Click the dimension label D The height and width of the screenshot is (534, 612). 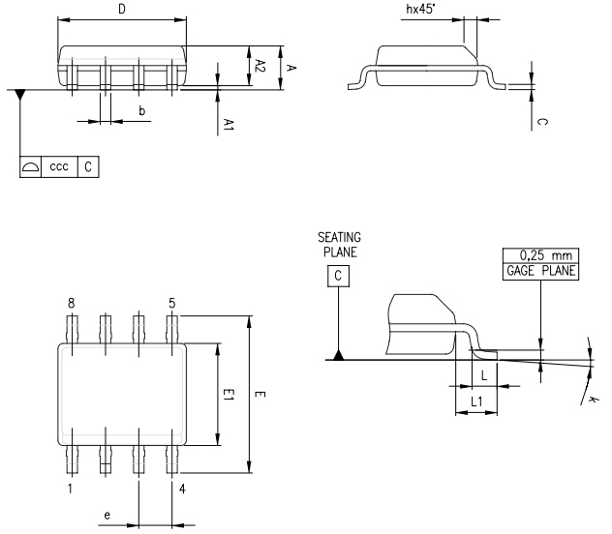point(121,9)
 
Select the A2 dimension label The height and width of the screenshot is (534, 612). point(260,65)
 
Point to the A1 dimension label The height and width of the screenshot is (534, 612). point(229,124)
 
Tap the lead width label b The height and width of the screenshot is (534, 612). point(142,112)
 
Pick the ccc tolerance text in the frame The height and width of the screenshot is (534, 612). point(58,166)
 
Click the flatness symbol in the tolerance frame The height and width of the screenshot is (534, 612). point(30,166)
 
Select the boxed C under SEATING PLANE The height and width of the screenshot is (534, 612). point(338,276)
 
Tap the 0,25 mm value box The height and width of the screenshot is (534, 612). point(539,255)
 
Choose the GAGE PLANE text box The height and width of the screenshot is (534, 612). point(539,271)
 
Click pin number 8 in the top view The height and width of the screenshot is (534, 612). point(71,303)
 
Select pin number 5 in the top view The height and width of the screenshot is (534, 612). point(171,303)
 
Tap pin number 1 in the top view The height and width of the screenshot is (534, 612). point(71,489)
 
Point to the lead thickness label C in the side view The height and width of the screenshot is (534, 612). point(542,123)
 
